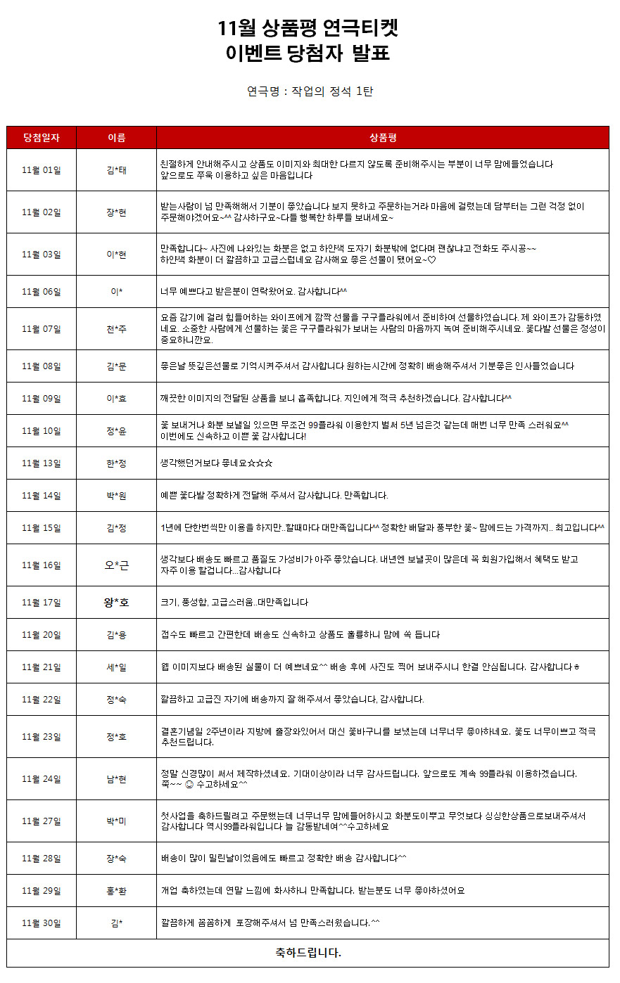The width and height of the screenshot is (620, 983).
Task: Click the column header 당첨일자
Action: pos(42,138)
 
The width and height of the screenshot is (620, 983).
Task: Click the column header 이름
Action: pos(116,138)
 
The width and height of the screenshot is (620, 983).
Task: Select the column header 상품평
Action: pos(383,138)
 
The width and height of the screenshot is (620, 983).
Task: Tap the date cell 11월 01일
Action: pos(42,170)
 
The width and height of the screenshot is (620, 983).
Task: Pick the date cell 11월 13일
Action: pos(42,463)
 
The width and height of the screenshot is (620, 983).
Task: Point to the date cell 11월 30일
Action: pos(42,923)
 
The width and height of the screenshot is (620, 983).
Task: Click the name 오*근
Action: pos(116,565)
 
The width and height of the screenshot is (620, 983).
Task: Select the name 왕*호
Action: pos(116,603)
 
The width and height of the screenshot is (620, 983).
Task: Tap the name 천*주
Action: pos(116,329)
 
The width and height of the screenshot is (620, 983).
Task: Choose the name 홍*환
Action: pos(116,891)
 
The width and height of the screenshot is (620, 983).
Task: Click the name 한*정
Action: pos(116,463)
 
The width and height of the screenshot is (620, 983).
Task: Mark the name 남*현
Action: pos(116,779)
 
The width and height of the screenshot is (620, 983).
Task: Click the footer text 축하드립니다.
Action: pos(308,953)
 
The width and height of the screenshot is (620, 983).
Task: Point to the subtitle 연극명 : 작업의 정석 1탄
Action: pos(310,91)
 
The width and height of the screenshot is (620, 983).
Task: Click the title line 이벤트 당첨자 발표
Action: pos(308,53)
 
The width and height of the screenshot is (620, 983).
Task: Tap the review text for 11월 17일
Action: pos(234,603)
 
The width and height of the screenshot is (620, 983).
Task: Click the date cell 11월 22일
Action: pos(42,700)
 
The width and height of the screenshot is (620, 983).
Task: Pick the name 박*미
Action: pos(116,821)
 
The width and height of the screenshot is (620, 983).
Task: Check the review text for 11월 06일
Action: pos(253,292)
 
